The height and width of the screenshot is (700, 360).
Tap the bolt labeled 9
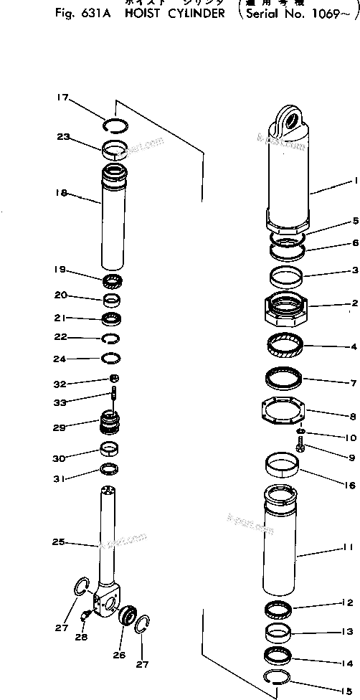click(x=301, y=448)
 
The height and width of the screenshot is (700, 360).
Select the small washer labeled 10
click(x=302, y=432)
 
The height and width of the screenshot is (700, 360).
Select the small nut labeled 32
click(x=113, y=378)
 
